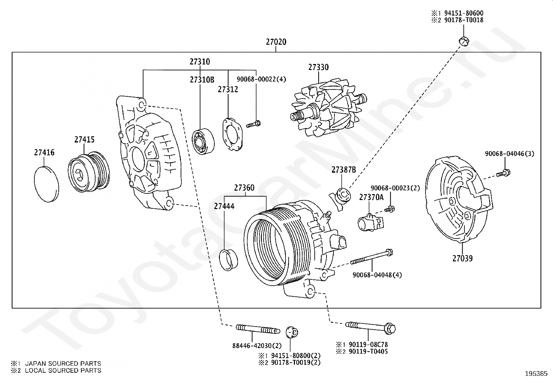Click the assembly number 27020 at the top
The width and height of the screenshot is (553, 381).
[x=276, y=42]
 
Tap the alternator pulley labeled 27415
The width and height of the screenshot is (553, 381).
[x=89, y=172]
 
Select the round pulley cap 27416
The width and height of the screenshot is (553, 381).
[x=47, y=184]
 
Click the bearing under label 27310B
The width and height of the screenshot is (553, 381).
[x=203, y=141]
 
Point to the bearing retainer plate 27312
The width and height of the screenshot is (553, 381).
[x=232, y=134]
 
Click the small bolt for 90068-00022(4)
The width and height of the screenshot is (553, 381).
[x=253, y=124]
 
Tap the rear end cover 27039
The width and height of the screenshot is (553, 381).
[x=459, y=199]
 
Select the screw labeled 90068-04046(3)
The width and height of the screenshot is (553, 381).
[x=503, y=173]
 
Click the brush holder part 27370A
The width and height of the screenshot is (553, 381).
[x=371, y=223]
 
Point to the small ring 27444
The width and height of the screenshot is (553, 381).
[x=228, y=260]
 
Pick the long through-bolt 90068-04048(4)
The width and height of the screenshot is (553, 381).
[x=372, y=257]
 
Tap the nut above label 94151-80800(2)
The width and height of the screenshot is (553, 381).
[x=292, y=332]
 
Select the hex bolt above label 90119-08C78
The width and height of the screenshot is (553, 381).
[x=370, y=327]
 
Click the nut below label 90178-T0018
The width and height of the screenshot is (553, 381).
[x=464, y=41]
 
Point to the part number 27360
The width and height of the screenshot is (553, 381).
[x=244, y=188]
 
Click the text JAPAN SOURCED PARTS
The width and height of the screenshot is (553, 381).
[x=63, y=364]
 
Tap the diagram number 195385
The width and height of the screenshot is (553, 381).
[x=536, y=374]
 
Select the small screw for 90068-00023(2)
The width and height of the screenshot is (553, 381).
[x=389, y=209]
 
